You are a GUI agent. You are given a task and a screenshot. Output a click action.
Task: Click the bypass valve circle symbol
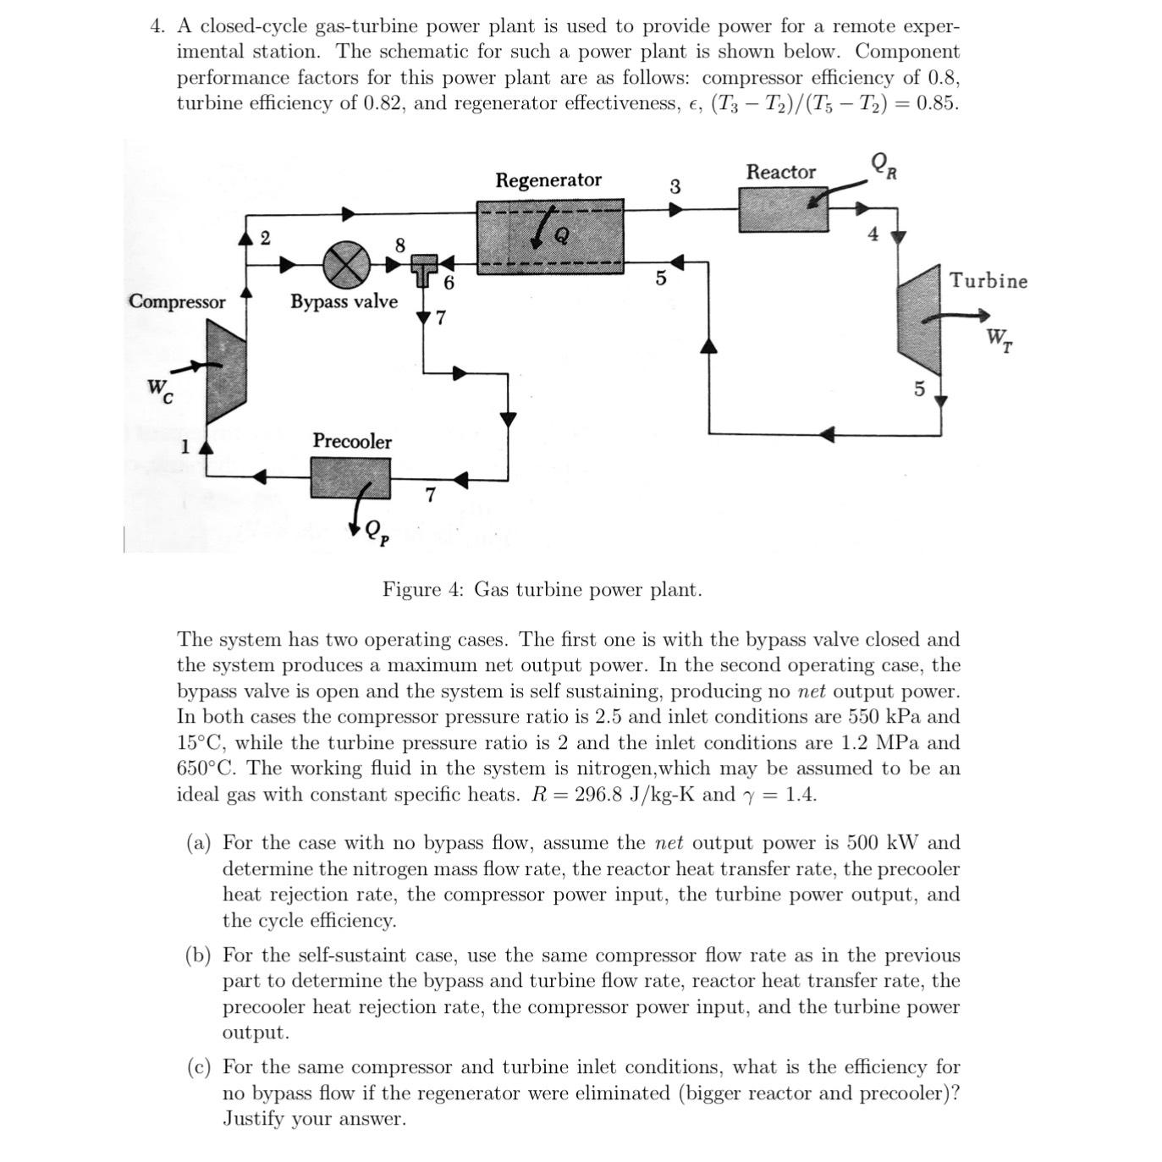point(346,264)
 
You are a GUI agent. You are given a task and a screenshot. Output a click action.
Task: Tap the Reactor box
point(783,208)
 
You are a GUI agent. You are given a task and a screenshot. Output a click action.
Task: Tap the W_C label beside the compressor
point(160,390)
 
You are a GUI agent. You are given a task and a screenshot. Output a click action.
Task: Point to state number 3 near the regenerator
point(675,187)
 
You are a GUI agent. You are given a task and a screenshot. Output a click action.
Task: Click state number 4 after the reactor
point(873,234)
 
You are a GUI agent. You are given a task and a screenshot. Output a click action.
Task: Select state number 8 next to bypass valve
point(400,245)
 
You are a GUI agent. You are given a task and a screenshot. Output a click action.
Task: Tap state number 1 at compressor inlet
point(184,447)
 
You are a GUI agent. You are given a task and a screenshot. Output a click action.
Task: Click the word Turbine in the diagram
point(988,281)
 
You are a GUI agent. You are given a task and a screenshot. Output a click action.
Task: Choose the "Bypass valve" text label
point(344,301)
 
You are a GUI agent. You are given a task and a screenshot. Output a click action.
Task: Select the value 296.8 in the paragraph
point(600,795)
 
